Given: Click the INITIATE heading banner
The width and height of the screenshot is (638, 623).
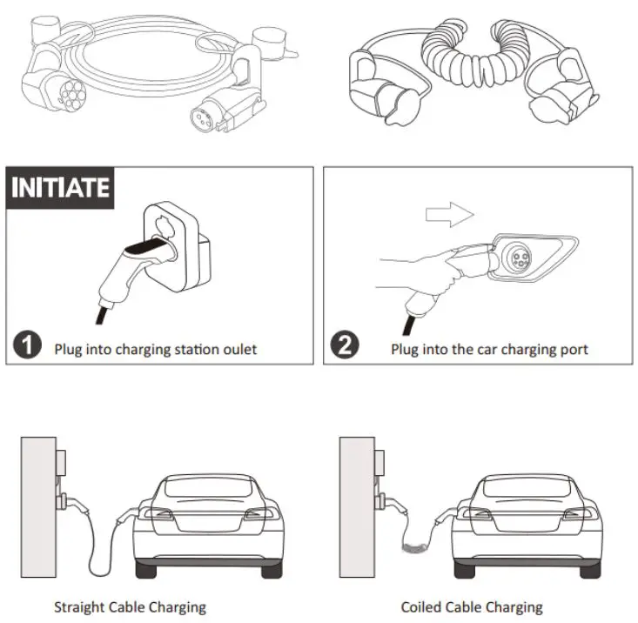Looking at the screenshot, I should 60,186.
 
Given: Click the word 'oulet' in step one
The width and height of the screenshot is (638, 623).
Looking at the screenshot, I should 239,350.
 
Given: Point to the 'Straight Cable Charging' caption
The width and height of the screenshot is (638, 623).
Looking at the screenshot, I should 130,606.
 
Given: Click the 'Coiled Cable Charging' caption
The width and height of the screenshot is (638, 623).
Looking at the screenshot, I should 471,606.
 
